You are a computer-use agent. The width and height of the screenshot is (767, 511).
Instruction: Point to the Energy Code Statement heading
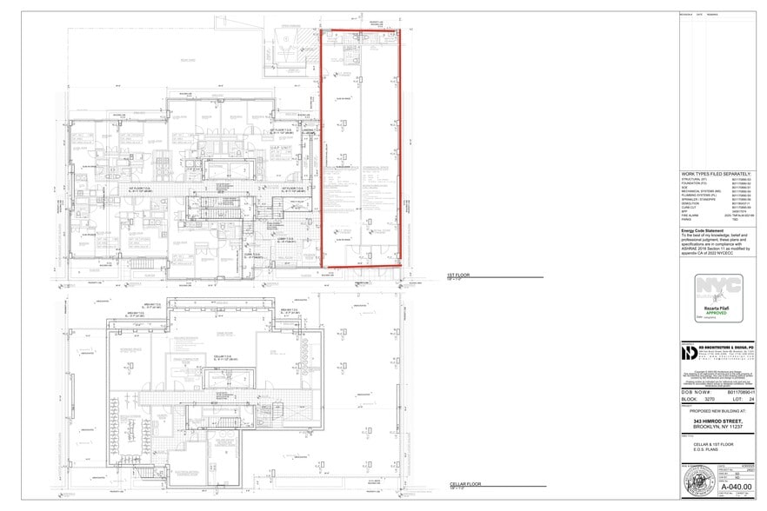point(704,231)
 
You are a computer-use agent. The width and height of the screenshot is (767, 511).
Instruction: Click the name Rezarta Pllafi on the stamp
point(717,307)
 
